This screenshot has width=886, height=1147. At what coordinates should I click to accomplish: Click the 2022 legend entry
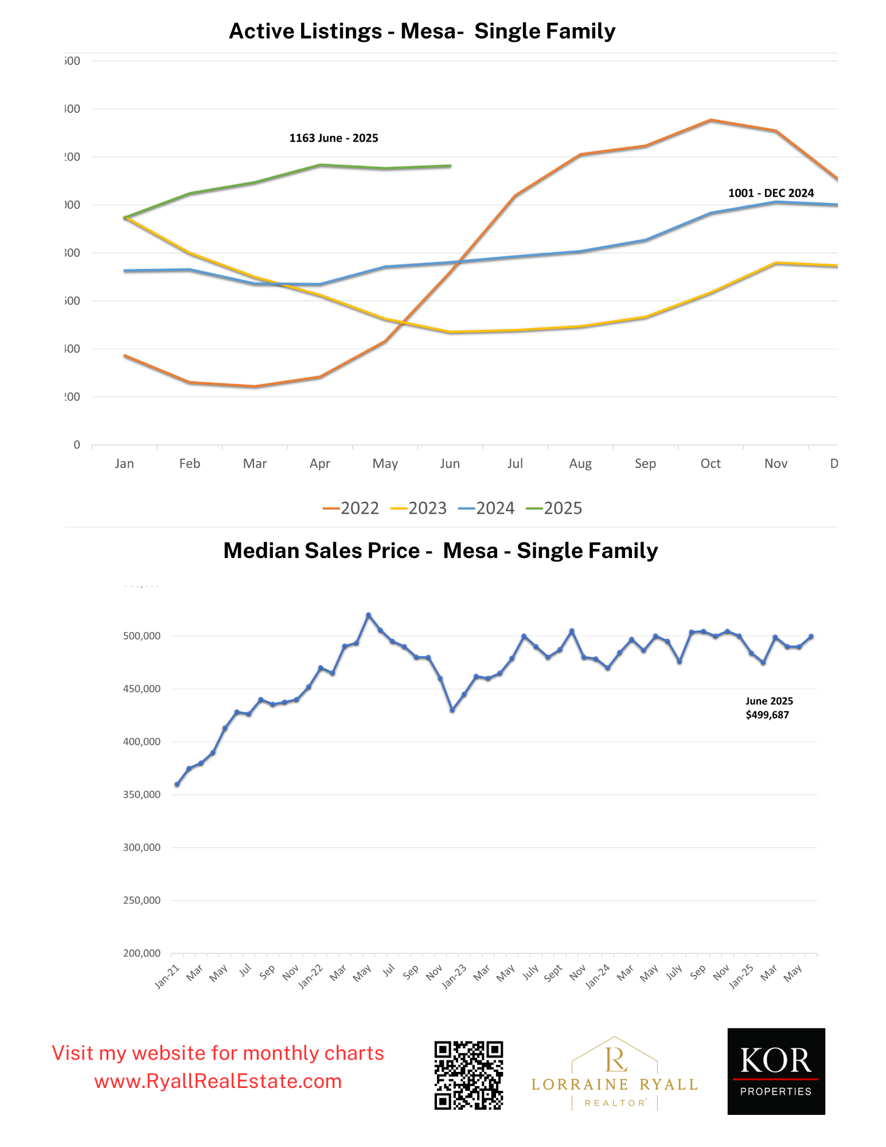pos(351,508)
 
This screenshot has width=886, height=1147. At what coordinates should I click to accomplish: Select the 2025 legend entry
pos(554,508)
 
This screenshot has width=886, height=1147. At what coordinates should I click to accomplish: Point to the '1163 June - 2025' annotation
pos(333,138)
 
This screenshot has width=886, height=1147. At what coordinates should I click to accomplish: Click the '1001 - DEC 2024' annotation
pos(770,193)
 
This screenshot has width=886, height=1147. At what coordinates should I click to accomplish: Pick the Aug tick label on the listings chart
pos(580,463)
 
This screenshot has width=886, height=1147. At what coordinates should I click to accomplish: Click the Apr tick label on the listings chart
pos(319,463)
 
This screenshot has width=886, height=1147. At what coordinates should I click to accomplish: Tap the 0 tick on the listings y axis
pos(77,445)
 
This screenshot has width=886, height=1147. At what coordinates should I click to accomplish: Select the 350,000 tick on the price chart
pos(142,795)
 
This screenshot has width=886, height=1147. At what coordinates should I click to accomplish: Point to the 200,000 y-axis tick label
pos(142,953)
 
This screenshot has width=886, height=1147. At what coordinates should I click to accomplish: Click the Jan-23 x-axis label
pos(455,976)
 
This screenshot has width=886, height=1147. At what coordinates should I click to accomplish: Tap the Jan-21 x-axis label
pos(167,976)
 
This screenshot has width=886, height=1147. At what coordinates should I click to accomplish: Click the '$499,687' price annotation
pos(767,715)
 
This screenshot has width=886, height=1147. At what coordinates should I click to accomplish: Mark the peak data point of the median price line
pos(368,615)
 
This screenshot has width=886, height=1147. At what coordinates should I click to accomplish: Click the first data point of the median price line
pos(177,784)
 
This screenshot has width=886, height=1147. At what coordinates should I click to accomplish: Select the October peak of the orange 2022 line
pos(710,120)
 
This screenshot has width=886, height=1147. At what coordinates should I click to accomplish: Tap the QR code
pos(469,1075)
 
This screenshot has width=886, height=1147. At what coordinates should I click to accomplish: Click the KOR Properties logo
pos(775,1071)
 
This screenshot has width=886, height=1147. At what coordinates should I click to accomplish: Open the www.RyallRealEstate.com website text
pos(218,1082)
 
